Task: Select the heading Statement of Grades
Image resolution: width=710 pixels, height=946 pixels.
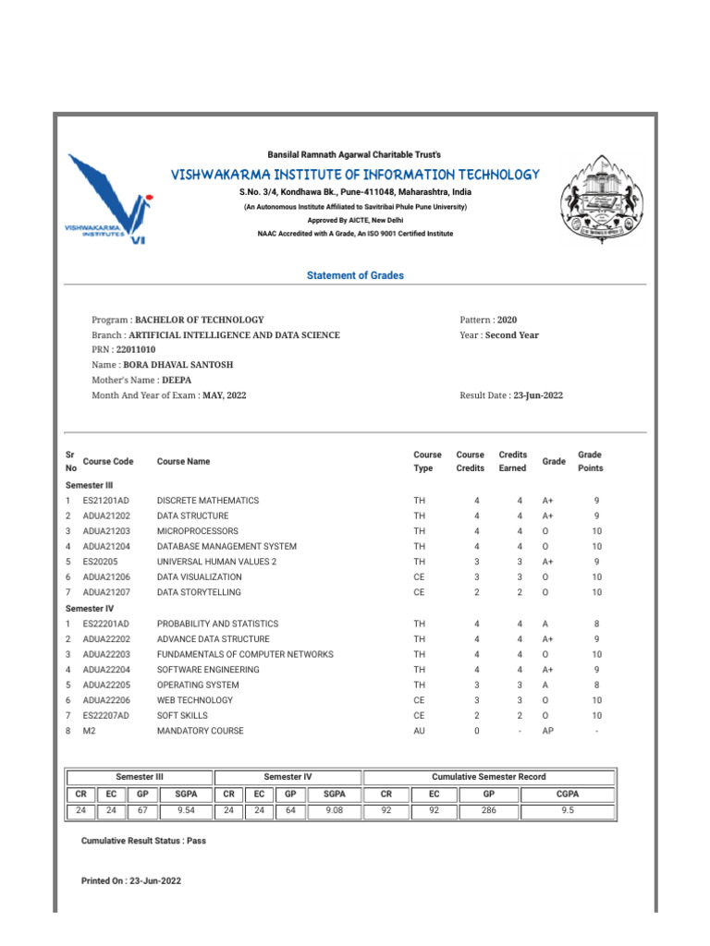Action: pos(355,275)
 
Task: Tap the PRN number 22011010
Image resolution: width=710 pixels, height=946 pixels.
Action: pos(136,350)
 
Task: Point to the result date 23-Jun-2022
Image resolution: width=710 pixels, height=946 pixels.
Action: pos(537,395)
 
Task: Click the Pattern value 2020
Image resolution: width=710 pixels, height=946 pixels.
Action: pos(507,320)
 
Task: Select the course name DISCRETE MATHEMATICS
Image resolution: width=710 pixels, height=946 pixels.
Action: pos(208,501)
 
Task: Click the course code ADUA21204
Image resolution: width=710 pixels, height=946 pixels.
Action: pos(106,547)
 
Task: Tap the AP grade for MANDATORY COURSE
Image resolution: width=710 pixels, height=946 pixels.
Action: pos(548,731)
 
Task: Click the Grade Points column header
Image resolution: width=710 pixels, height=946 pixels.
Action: pos(589,461)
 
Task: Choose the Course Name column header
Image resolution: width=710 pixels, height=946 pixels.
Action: pos(183,461)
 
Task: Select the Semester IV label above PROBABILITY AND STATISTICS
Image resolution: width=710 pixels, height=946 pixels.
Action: pos(90,609)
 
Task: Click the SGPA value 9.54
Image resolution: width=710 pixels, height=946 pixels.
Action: pos(185,811)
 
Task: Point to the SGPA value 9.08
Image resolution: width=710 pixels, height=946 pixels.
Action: pos(334,811)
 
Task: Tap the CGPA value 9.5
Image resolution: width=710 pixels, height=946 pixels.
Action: pos(567,811)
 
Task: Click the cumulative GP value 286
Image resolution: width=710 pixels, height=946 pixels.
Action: pos(488,811)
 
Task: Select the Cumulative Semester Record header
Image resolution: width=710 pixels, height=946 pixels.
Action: pos(488,777)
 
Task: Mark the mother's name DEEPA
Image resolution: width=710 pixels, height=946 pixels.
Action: pos(176,380)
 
